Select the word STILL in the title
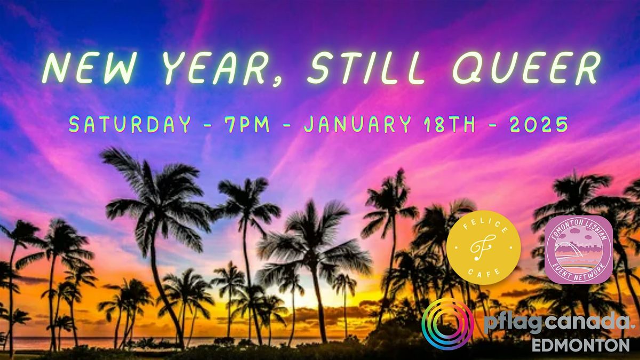click(x=365, y=68)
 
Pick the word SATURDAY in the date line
click(x=130, y=124)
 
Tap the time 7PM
click(x=247, y=124)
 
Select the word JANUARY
click(x=357, y=124)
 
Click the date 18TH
click(x=450, y=124)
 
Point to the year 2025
click(x=539, y=124)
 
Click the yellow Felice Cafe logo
click(x=483, y=247)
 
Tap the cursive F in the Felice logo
click(x=483, y=247)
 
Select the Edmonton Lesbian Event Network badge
click(x=578, y=250)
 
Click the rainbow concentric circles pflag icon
click(x=447, y=324)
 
